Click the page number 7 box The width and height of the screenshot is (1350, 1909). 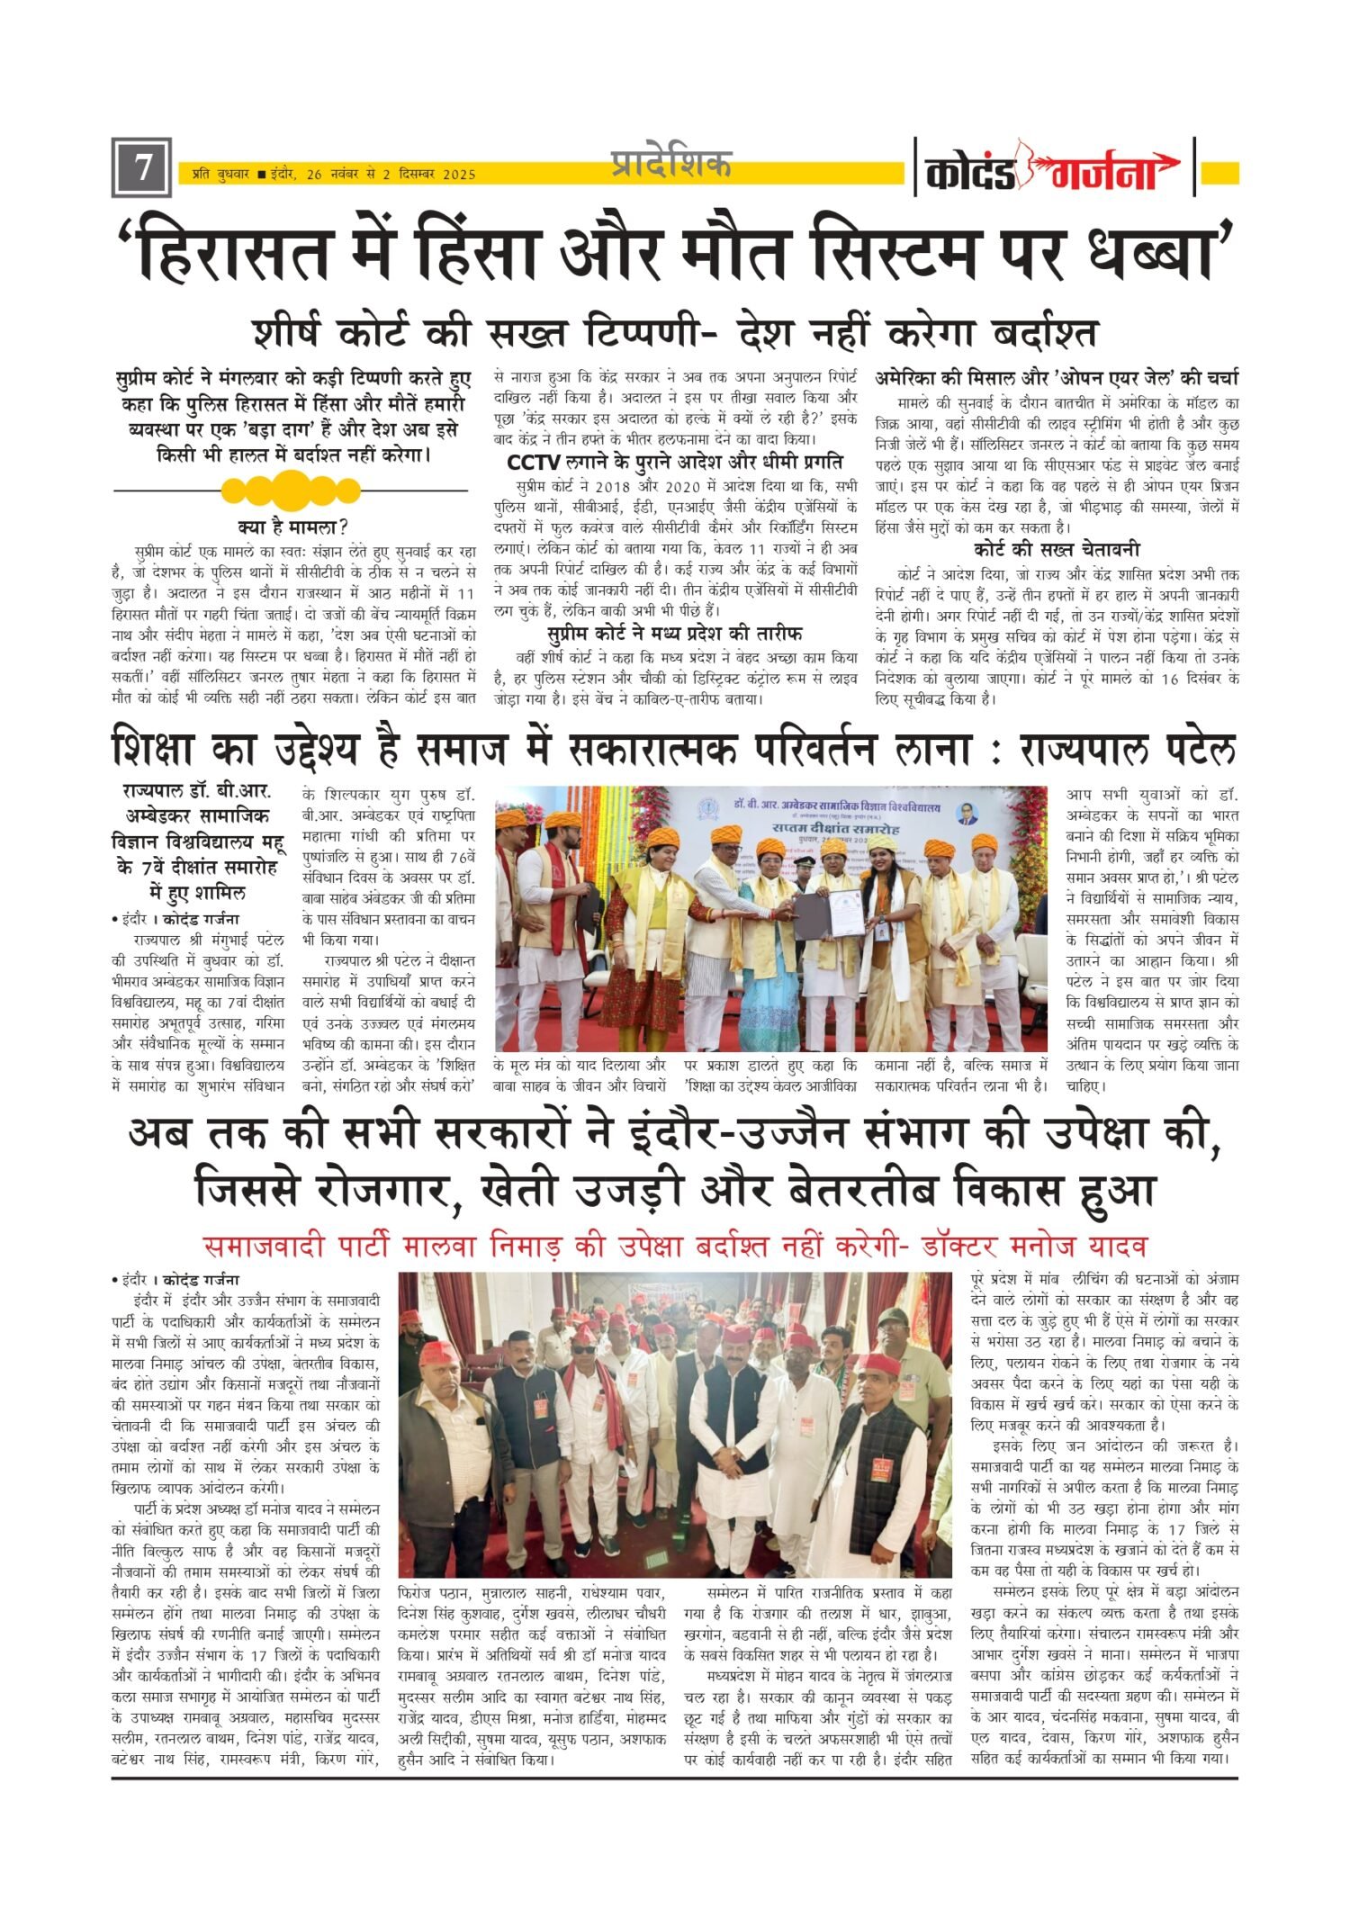pos(141,168)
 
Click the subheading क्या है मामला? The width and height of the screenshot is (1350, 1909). pos(292,527)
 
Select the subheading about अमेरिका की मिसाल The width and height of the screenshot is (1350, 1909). pos(1057,378)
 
